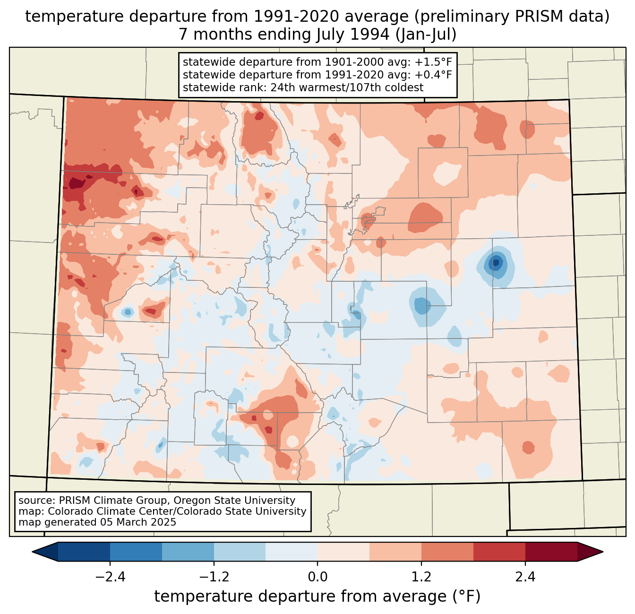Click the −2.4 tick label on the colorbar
click(x=110, y=577)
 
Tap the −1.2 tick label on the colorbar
click(x=214, y=577)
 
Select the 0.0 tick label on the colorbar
click(x=317, y=577)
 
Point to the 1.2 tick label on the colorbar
click(x=421, y=577)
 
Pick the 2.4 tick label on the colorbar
click(x=525, y=577)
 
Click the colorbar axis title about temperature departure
click(x=317, y=597)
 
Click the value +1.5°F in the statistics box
click(x=433, y=62)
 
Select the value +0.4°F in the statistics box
click(x=433, y=75)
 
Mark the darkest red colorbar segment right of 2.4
click(x=551, y=552)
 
